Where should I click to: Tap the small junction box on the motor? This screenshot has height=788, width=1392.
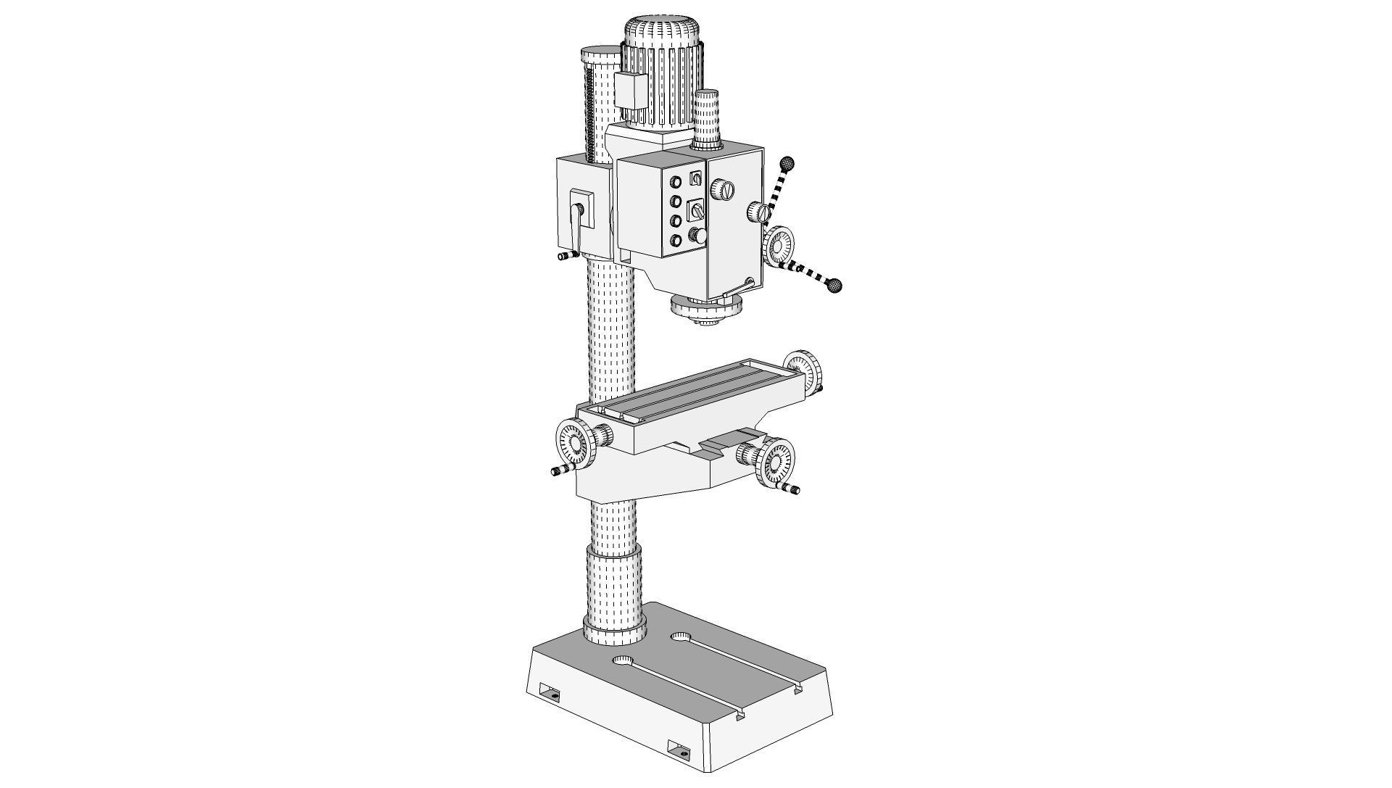pyautogui.click(x=631, y=91)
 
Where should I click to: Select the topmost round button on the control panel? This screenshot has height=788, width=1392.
pyautogui.click(x=676, y=181)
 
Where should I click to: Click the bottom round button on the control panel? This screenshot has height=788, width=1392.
pyautogui.click(x=676, y=240)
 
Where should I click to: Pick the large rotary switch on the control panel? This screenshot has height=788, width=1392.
pyautogui.click(x=697, y=210)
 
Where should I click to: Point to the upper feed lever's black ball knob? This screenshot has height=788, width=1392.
pyautogui.click(x=788, y=162)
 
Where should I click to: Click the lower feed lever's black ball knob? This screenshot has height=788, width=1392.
pyautogui.click(x=836, y=286)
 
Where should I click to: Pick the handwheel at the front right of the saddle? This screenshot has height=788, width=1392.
pyautogui.click(x=774, y=462)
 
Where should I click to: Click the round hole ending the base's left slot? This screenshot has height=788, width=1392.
pyautogui.click(x=623, y=661)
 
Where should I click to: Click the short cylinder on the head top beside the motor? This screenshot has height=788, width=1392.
pyautogui.click(x=707, y=120)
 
